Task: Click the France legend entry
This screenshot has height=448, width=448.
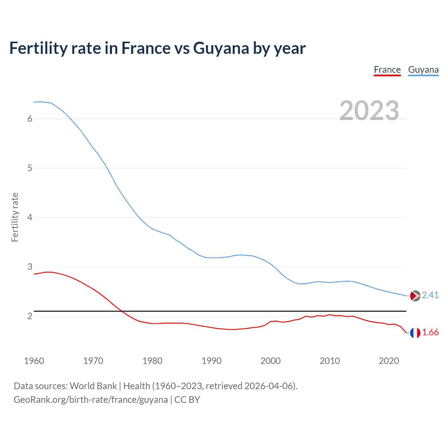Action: click(387, 70)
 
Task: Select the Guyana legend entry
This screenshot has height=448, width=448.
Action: click(423, 70)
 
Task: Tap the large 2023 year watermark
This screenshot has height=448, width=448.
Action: click(369, 111)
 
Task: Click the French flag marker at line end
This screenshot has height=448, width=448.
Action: click(415, 333)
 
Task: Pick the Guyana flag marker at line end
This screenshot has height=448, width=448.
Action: click(415, 296)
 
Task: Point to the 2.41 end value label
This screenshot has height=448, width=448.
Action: click(430, 295)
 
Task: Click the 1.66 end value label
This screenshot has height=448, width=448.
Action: click(430, 332)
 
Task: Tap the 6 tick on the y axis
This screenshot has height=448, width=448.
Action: click(30, 119)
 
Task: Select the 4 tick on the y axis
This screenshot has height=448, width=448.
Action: click(30, 217)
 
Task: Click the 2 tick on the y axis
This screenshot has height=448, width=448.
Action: click(30, 316)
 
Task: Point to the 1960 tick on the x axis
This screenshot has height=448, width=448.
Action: click(34, 361)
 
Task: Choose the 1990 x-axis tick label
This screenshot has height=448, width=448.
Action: click(211, 361)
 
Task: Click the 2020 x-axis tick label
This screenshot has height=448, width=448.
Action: click(389, 361)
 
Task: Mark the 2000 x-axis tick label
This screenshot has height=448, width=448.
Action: click(271, 361)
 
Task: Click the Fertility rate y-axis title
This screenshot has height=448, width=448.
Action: click(15, 217)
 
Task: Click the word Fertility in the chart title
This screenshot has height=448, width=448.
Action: click(38, 48)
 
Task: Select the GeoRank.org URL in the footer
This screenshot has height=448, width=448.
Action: click(91, 400)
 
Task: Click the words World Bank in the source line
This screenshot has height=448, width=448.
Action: click(93, 386)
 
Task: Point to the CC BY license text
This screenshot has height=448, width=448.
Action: click(187, 400)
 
